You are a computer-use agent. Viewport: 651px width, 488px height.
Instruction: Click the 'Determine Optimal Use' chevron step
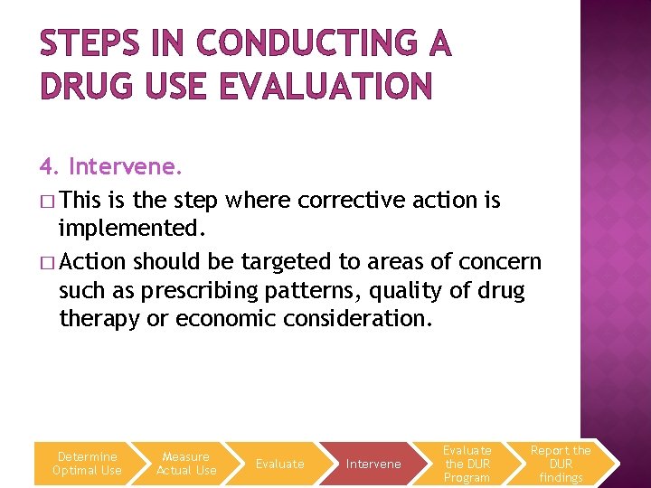(x=87, y=464)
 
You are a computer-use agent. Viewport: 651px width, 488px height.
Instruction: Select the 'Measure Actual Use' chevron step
(x=186, y=464)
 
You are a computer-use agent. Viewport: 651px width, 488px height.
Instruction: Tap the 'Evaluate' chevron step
(x=280, y=464)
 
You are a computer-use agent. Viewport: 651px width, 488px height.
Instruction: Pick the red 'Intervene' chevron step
(x=373, y=464)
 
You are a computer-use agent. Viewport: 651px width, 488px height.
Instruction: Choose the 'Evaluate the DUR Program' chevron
(x=467, y=464)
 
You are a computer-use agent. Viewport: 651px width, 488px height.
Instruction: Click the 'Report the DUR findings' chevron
(x=561, y=464)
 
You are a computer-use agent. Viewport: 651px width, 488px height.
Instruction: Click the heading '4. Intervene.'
(x=110, y=167)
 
